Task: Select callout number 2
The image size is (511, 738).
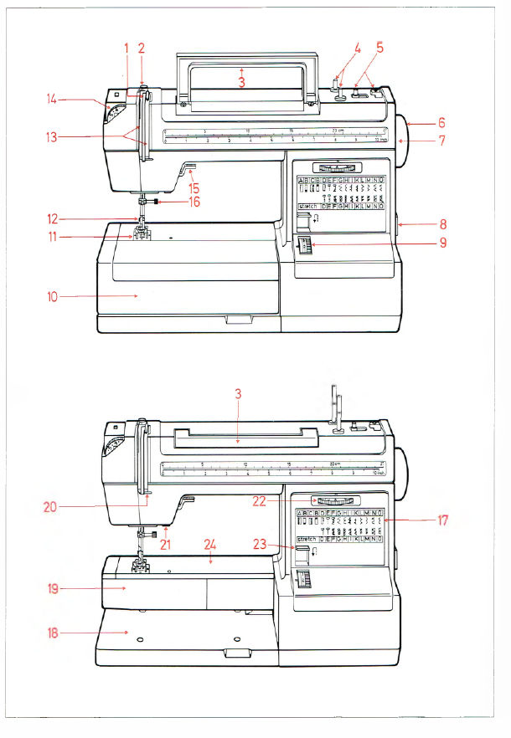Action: [142, 48]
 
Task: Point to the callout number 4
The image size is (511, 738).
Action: [358, 49]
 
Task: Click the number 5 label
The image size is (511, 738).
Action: [379, 49]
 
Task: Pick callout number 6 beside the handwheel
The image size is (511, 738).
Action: [441, 122]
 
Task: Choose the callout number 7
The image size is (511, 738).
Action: [441, 141]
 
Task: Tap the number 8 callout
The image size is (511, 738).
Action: [441, 224]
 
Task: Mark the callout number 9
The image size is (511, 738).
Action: [441, 244]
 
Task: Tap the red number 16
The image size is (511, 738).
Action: [194, 202]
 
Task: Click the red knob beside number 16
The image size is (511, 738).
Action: [157, 202]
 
